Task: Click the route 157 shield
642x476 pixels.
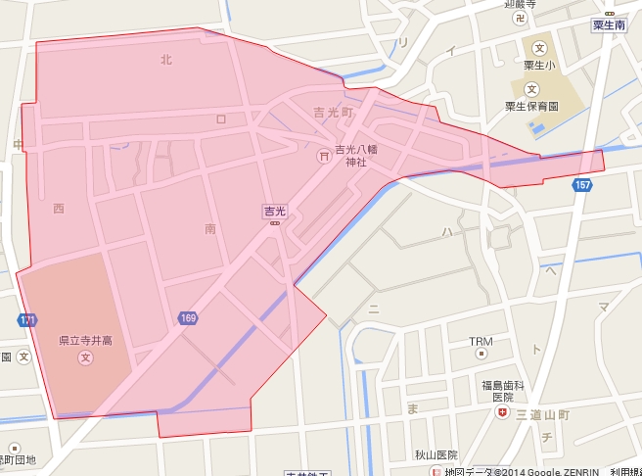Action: [582, 185]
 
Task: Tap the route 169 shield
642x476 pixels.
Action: [188, 318]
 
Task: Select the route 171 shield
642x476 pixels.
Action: [26, 320]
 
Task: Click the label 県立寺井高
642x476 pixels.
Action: [86, 340]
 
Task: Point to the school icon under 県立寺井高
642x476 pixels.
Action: [85, 357]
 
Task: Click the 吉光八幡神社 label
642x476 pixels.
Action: [355, 156]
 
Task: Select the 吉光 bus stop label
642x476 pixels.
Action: [274, 211]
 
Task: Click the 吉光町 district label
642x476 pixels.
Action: [333, 114]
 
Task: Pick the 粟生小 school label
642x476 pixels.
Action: [538, 67]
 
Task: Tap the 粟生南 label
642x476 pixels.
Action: [608, 25]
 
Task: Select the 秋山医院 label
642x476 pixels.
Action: [436, 455]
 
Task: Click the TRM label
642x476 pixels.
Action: [481, 342]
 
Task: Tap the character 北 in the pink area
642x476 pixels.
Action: [165, 60]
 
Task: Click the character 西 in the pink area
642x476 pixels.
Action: [59, 208]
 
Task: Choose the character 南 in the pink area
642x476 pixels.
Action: [210, 228]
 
